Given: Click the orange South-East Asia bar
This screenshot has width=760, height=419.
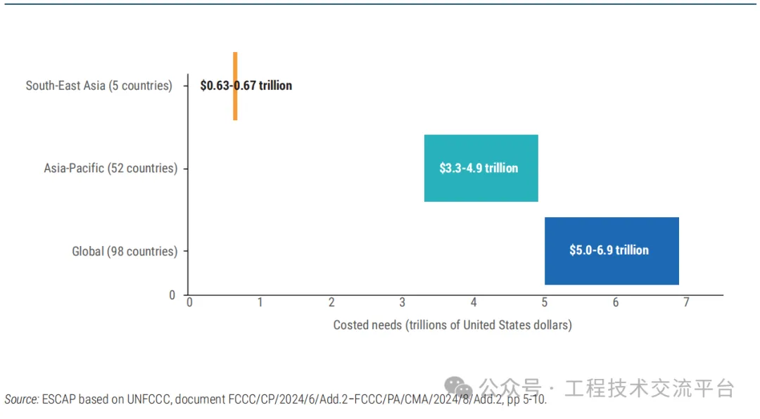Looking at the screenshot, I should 235,105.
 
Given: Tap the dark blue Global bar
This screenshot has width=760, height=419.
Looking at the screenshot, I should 612,271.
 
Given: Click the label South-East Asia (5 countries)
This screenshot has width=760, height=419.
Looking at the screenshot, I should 99,86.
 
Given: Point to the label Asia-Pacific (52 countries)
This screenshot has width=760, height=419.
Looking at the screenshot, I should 110,169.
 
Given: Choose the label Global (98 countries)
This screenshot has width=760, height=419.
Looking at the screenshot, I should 125,251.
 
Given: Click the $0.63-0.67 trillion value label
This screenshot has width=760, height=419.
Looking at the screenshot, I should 246,86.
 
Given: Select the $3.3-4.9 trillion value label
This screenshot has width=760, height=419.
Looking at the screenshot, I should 479,169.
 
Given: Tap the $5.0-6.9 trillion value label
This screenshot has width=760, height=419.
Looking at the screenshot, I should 609,250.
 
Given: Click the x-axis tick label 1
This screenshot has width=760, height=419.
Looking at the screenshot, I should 260,302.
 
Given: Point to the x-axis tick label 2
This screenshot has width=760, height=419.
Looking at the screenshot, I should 331,302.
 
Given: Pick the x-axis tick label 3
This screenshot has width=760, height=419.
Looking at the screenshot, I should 403,302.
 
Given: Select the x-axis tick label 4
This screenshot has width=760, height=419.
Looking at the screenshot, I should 474,302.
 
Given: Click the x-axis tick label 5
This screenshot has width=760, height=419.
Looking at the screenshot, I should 545,302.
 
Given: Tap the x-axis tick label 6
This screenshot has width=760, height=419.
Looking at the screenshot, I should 616,302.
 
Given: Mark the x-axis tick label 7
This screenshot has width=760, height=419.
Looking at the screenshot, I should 686,302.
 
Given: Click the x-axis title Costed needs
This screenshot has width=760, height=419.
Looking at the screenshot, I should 452,325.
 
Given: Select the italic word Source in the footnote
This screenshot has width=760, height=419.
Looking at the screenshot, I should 21,399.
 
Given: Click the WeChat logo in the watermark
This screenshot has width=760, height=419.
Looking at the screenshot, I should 458,387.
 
